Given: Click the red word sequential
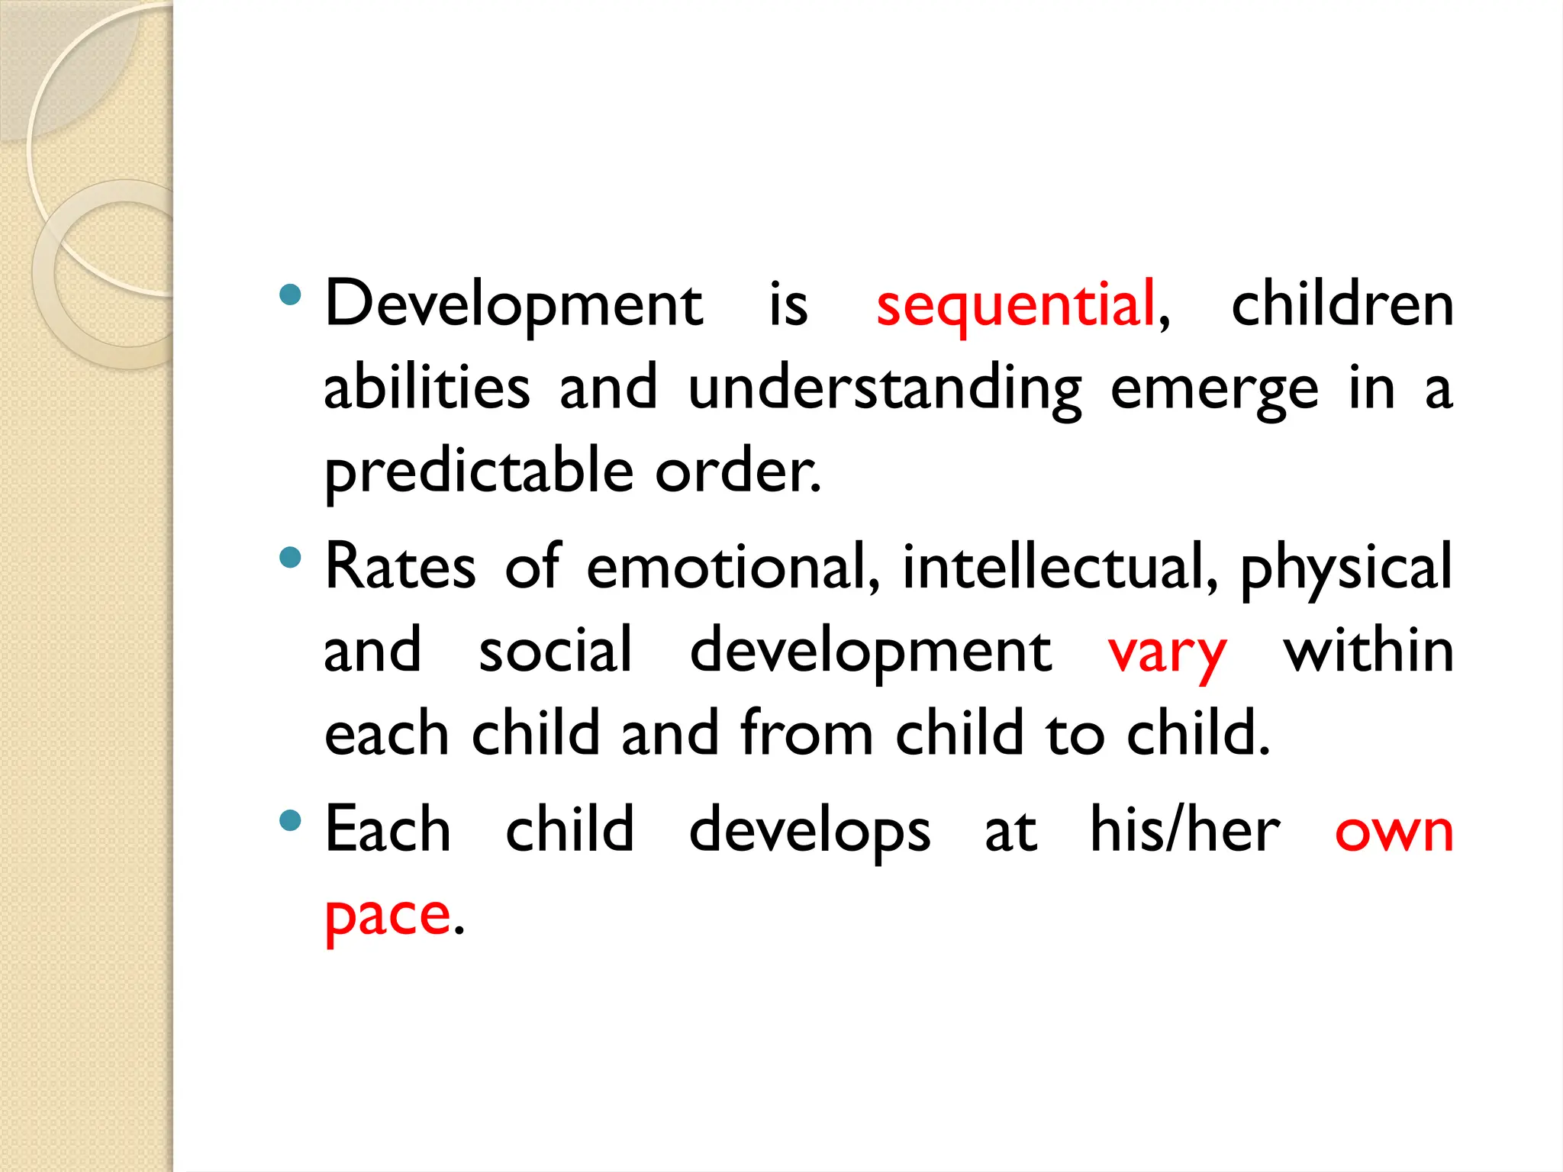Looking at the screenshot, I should coord(1015,305).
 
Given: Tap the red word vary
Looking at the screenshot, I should coord(1167,653).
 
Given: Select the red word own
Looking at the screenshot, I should coord(1394,831).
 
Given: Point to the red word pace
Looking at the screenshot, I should coord(388,916).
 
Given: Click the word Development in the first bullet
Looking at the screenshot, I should coord(514,305).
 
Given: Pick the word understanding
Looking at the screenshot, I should coord(885,388).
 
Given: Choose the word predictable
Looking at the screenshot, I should coord(479,472).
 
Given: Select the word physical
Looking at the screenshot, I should coord(1346,570).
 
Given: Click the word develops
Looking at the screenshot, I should coord(810,831).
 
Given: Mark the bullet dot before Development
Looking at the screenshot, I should coord(290,295).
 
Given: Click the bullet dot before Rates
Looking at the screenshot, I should coord(290,558).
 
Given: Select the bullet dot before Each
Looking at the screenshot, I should coord(290,821).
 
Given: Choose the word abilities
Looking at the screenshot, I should coord(427,387).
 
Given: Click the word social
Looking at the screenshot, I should coord(555,650).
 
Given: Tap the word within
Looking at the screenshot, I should coord(1368,650).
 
